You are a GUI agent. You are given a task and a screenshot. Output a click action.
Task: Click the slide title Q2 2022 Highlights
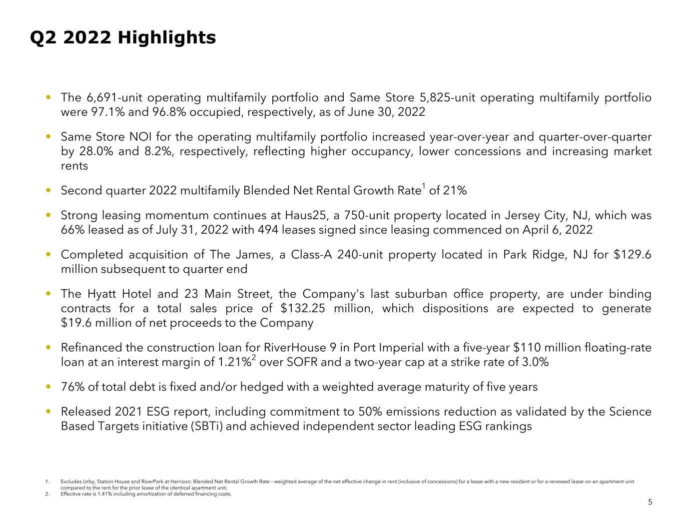point(123,37)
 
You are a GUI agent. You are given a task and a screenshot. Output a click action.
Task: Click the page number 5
point(650,503)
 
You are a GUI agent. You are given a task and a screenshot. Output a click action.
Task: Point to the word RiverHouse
point(292,348)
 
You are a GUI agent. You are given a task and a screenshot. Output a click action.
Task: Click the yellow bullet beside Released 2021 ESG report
point(48,412)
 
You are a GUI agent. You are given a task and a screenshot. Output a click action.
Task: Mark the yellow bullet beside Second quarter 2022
point(48,191)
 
